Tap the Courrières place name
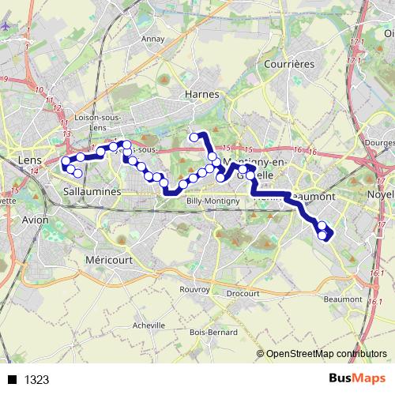(x=290, y=63)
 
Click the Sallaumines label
(x=91, y=192)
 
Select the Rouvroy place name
(x=195, y=289)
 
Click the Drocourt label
(x=243, y=293)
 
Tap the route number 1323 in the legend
(x=38, y=380)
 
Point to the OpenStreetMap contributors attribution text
(x=325, y=353)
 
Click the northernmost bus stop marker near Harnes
(x=194, y=137)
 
